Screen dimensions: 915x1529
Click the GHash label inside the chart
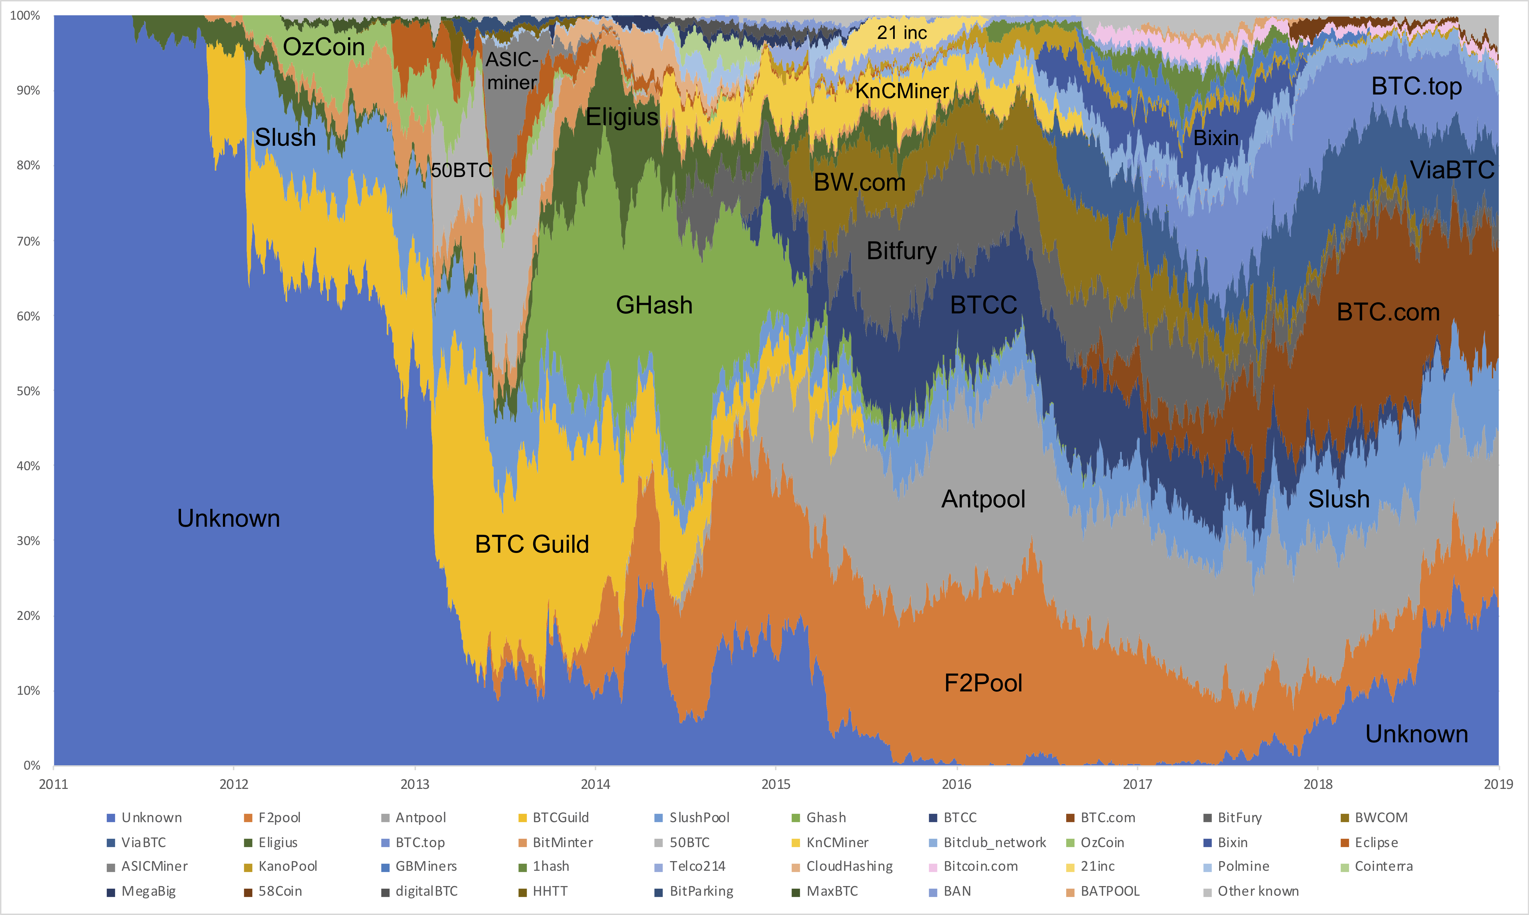coord(654,305)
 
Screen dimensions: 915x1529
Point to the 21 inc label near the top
coord(901,33)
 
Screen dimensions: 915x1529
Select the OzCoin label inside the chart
coord(324,47)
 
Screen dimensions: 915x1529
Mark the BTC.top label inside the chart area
coord(1416,86)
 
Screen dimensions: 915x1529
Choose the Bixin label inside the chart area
coord(1216,138)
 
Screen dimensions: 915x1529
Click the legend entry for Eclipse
coord(1376,842)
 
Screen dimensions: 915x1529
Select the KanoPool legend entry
coord(287,866)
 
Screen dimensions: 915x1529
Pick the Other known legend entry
coord(1258,891)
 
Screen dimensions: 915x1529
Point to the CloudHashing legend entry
coord(849,866)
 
